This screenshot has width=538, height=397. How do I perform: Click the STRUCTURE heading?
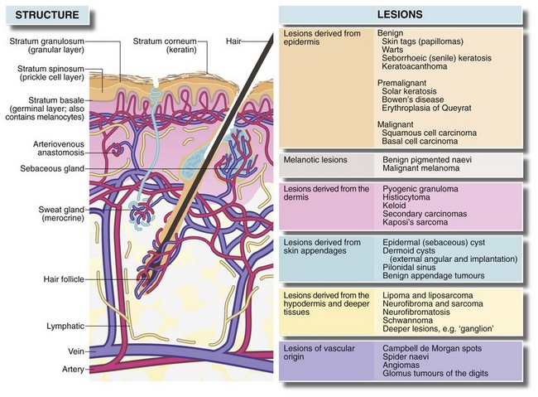(x=41, y=14)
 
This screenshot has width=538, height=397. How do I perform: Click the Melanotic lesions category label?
(x=315, y=158)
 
